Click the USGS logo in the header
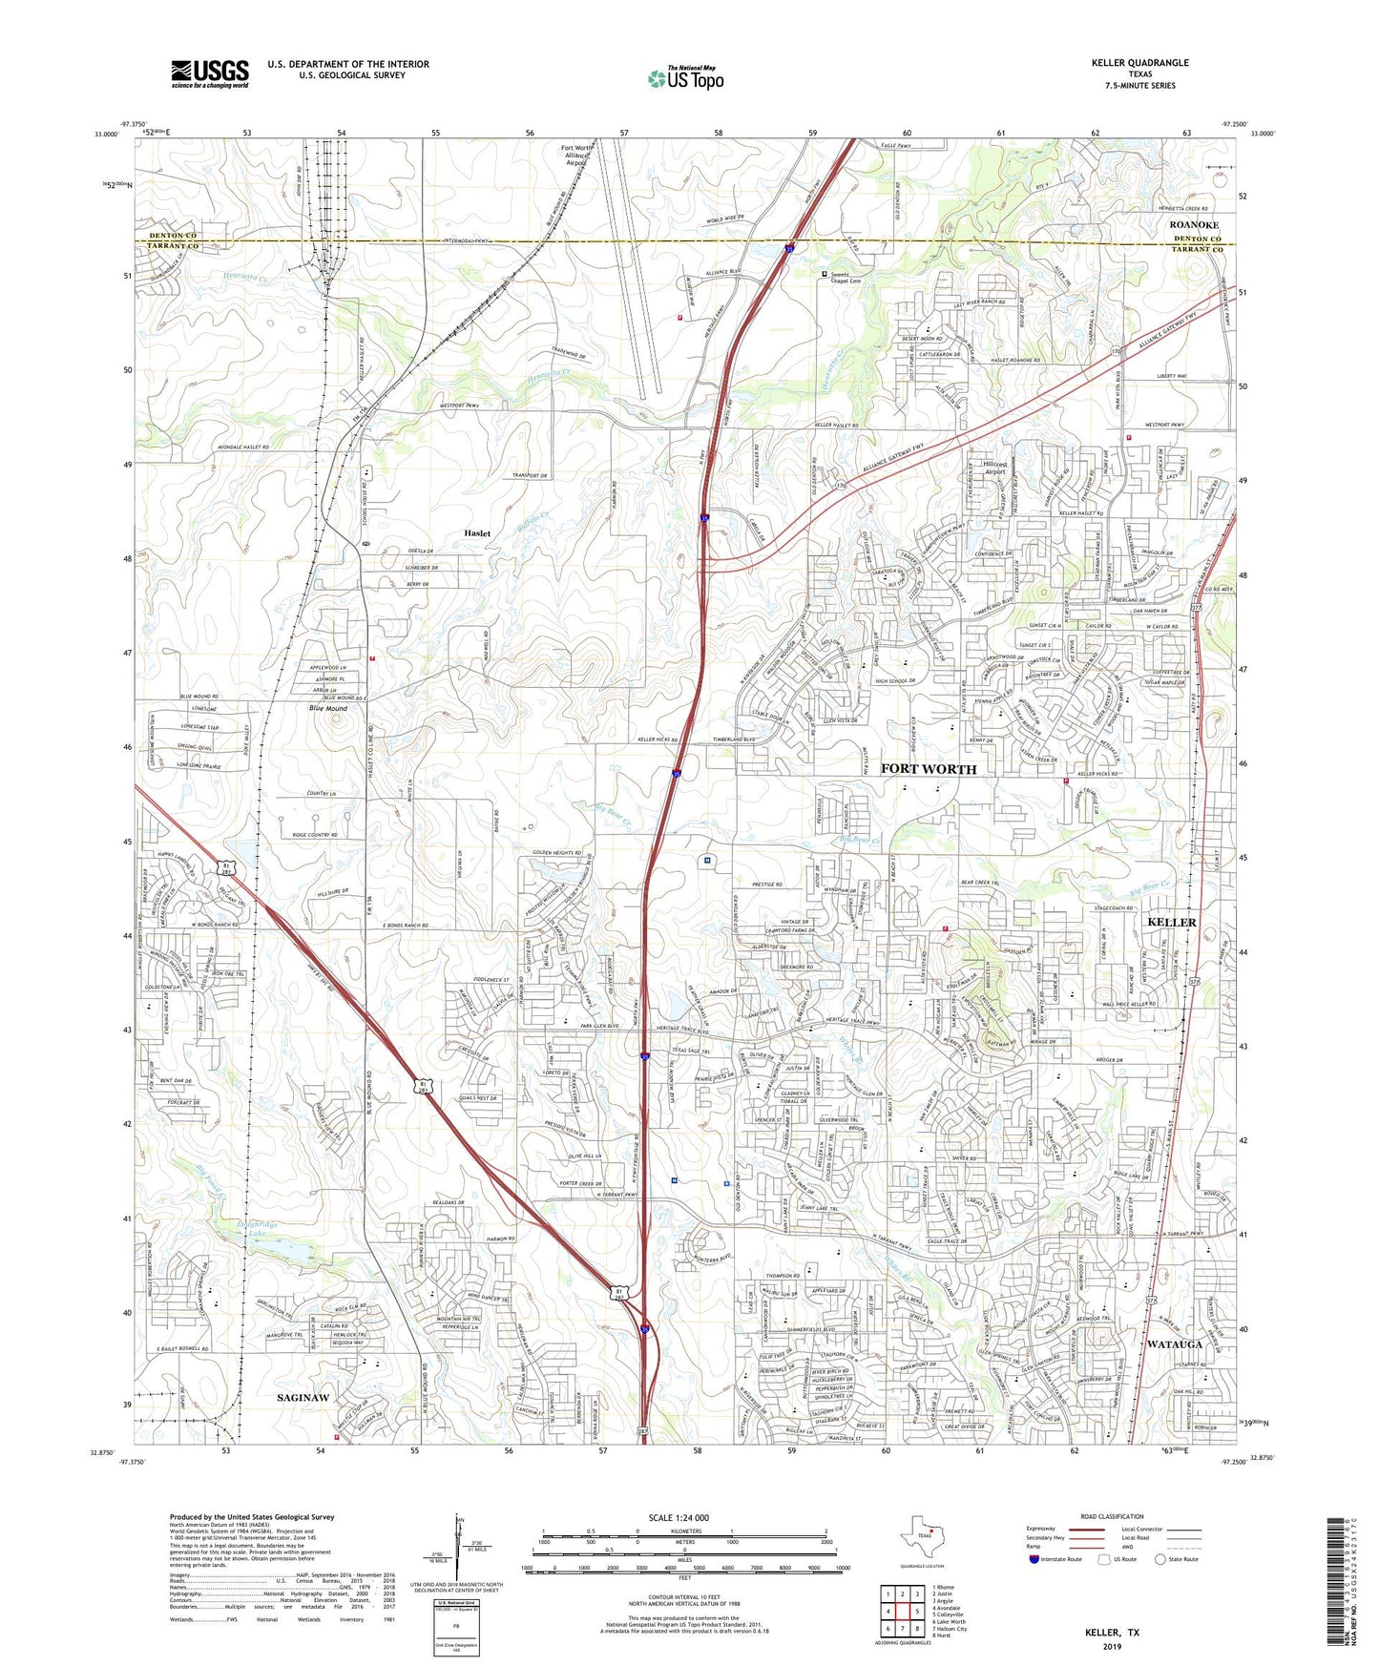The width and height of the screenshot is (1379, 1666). (x=209, y=73)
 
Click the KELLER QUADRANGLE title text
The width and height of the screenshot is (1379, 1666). (x=1139, y=63)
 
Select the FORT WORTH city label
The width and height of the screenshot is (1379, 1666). (x=928, y=769)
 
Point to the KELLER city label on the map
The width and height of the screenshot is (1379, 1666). (x=1170, y=922)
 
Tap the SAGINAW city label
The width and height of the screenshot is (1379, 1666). (x=303, y=1398)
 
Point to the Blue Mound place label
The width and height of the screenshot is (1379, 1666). (x=327, y=709)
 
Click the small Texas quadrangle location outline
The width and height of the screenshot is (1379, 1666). (x=921, y=1537)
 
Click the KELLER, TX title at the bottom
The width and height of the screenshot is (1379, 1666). (x=1111, y=1633)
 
